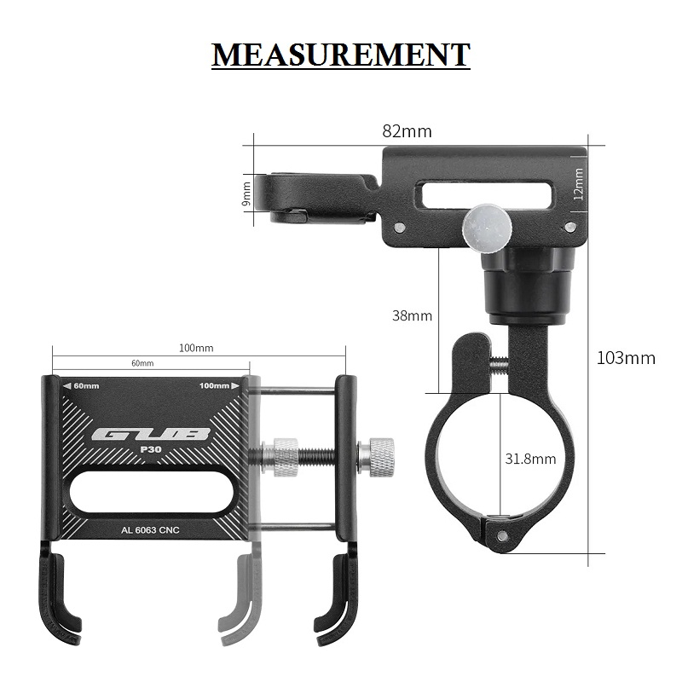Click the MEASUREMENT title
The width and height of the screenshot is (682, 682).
tap(340, 55)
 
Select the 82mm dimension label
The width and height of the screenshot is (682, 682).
tap(407, 131)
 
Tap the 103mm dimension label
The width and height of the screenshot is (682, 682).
tap(626, 358)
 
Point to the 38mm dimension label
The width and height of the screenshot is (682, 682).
tap(412, 315)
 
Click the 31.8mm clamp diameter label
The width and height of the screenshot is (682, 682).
tap(530, 459)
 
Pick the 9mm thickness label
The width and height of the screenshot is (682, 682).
tap(246, 194)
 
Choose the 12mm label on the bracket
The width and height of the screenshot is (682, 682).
tap(578, 184)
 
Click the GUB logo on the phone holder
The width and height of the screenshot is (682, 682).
tap(151, 434)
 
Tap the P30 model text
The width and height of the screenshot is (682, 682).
tap(151, 450)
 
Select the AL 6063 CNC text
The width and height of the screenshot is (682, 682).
tap(150, 530)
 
